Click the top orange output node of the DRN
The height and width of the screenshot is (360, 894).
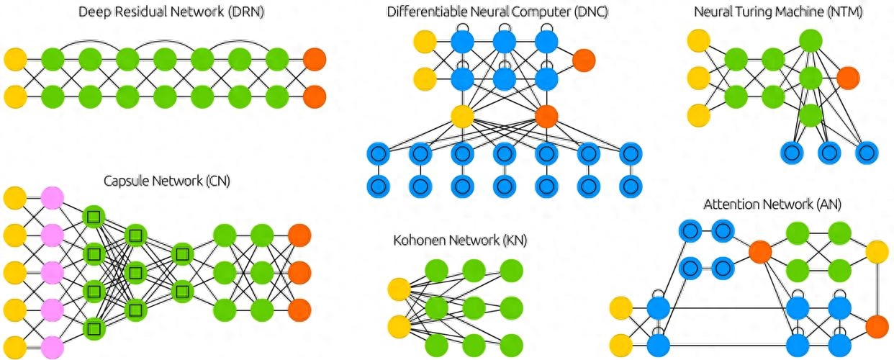coord(315,59)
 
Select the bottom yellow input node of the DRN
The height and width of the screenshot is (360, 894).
coord(15,95)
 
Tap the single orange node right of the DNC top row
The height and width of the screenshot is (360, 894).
coord(584,60)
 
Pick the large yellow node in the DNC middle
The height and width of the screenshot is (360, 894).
coord(463,115)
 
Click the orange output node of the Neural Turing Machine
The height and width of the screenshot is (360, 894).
coord(848,76)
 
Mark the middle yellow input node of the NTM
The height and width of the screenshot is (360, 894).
coord(698,76)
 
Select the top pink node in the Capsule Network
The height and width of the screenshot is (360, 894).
coord(52,197)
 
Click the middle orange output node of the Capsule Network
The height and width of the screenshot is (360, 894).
coord(299,272)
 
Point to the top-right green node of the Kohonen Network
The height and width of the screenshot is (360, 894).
coord(511,271)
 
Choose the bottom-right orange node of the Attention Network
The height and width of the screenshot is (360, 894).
coord(876,326)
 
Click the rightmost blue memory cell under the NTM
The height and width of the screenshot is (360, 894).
coord(867,152)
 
